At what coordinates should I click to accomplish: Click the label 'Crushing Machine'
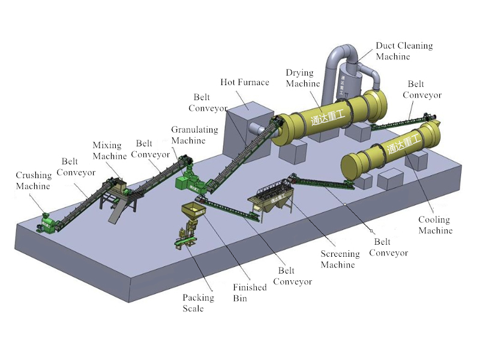[34, 181]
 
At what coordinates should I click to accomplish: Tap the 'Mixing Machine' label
[107, 151]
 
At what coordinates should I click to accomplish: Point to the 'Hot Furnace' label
[245, 82]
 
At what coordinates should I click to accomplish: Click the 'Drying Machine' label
[303, 78]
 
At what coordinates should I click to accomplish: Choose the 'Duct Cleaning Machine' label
[404, 51]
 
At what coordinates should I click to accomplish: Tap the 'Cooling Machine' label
[435, 225]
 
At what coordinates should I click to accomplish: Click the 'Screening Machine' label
[340, 259]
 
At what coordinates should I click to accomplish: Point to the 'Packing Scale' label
[198, 303]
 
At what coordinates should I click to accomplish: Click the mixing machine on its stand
[117, 189]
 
